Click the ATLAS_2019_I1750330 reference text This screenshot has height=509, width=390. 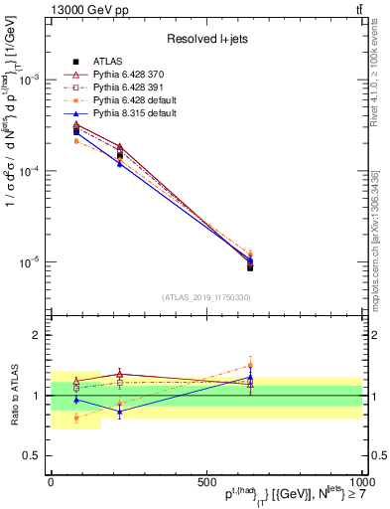tap(206, 297)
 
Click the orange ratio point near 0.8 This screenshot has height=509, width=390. tap(76, 418)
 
